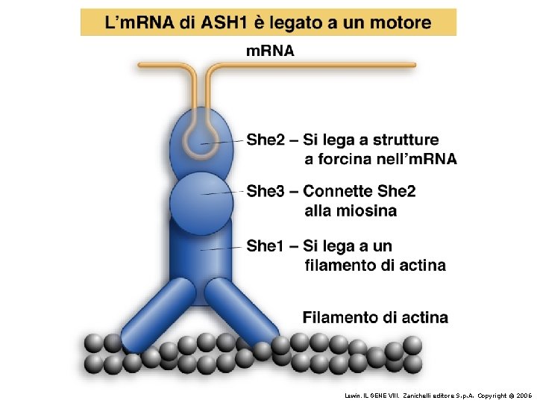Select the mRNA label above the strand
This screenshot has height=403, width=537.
tap(270, 51)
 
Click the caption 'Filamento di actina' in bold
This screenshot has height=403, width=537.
tap(375, 317)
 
